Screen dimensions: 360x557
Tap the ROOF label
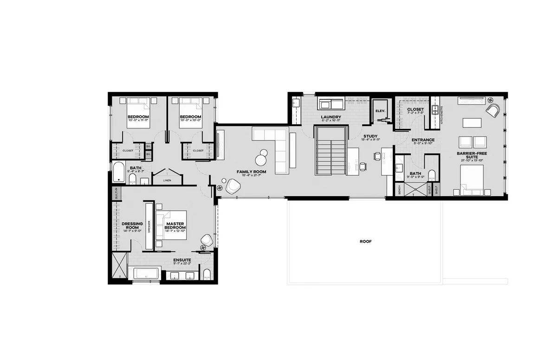tap(366, 242)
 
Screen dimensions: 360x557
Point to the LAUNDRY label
tap(331, 117)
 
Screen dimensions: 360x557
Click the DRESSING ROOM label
tap(132, 225)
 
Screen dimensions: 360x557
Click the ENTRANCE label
tap(422, 140)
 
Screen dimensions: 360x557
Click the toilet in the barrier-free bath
tap(431, 175)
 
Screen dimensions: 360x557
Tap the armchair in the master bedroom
tap(207, 240)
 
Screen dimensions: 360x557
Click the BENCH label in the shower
tap(399, 190)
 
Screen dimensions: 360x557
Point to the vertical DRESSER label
tap(149, 226)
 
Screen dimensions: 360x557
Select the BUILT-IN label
tap(116, 193)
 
